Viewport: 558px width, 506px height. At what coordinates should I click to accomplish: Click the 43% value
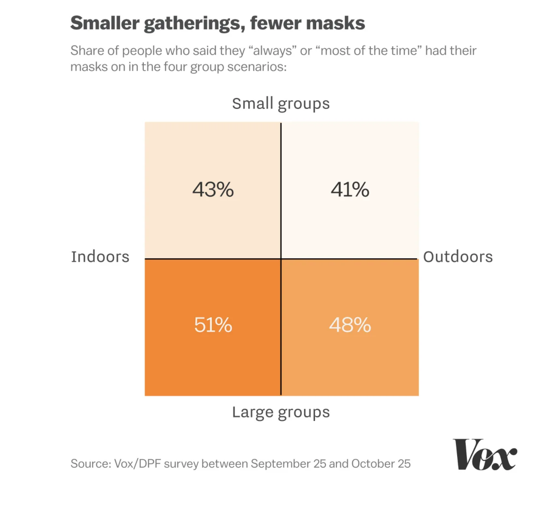[213, 189]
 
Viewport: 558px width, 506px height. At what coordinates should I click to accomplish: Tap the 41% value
[350, 189]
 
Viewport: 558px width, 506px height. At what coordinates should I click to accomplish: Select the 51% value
[213, 325]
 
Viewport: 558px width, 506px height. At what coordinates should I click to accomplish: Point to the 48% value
[350, 325]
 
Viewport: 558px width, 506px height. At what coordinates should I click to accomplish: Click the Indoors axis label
[100, 257]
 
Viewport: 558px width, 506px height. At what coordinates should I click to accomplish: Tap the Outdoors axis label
[458, 257]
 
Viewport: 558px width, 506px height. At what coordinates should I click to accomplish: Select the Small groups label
[281, 104]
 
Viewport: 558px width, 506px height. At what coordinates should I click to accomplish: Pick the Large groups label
[281, 412]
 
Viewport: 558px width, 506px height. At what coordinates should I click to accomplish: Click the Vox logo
[485, 455]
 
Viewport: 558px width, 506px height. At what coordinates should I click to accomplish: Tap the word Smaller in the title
[105, 23]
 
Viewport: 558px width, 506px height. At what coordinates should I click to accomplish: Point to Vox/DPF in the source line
[137, 463]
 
